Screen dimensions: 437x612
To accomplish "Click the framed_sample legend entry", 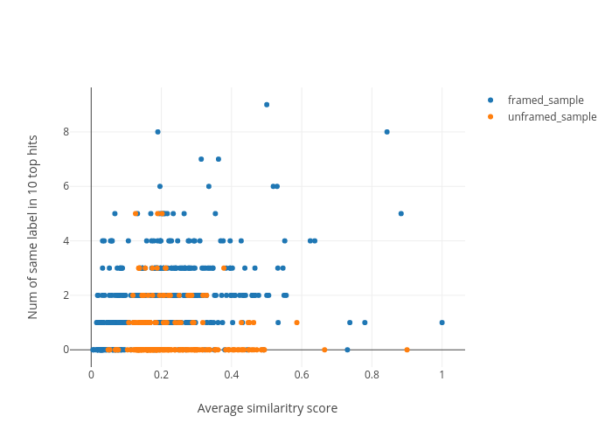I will point(545,101).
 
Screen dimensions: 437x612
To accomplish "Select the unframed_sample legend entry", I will point(551,116).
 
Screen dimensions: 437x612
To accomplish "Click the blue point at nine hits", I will point(267,105).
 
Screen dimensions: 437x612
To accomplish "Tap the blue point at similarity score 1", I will point(442,323).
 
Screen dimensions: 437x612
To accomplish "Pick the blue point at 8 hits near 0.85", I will point(386,132).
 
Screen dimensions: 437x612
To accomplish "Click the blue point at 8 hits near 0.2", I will point(157,132).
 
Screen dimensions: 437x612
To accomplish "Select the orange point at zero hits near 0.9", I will point(407,350).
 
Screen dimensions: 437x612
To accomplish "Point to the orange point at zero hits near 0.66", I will point(324,350).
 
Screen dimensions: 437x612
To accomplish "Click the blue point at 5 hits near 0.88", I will point(401,213).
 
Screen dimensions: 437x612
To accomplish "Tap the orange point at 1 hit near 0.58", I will point(296,323).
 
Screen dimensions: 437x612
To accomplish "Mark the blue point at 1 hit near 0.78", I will point(365,323).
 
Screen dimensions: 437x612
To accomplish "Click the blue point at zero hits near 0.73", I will point(347,350).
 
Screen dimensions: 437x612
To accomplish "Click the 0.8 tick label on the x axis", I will point(372,373).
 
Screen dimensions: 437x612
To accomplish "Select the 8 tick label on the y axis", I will point(79,132).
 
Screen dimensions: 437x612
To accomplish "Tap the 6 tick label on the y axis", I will point(79,186).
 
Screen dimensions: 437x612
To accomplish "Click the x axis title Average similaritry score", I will point(267,408).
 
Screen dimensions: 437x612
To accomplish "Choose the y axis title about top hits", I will point(33,226).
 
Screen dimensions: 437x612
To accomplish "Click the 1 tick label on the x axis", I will point(442,373).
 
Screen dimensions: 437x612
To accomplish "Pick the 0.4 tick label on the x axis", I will point(232,373).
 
